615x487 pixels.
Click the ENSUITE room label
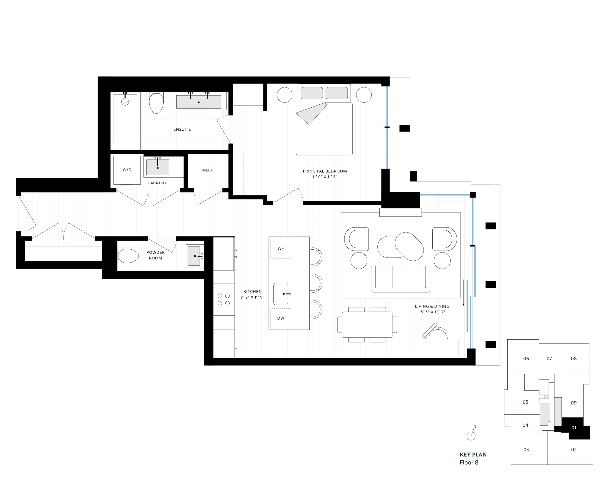pos(182,129)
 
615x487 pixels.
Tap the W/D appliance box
pos(127,170)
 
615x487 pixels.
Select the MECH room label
pos(208,170)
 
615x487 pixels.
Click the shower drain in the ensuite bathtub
pos(125,102)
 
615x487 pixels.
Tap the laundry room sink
pos(157,167)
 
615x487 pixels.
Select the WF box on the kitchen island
pos(281,248)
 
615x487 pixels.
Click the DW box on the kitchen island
pos(281,318)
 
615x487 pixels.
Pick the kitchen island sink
pos(281,294)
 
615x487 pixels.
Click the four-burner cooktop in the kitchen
pos(224,300)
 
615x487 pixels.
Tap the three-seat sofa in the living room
pos(400,278)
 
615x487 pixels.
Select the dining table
pos(367,325)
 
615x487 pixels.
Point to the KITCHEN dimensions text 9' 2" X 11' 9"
pos(252,297)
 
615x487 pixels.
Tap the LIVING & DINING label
pos(432,306)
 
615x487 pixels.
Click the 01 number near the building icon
pos(574,428)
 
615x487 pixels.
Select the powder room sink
pos(194,256)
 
